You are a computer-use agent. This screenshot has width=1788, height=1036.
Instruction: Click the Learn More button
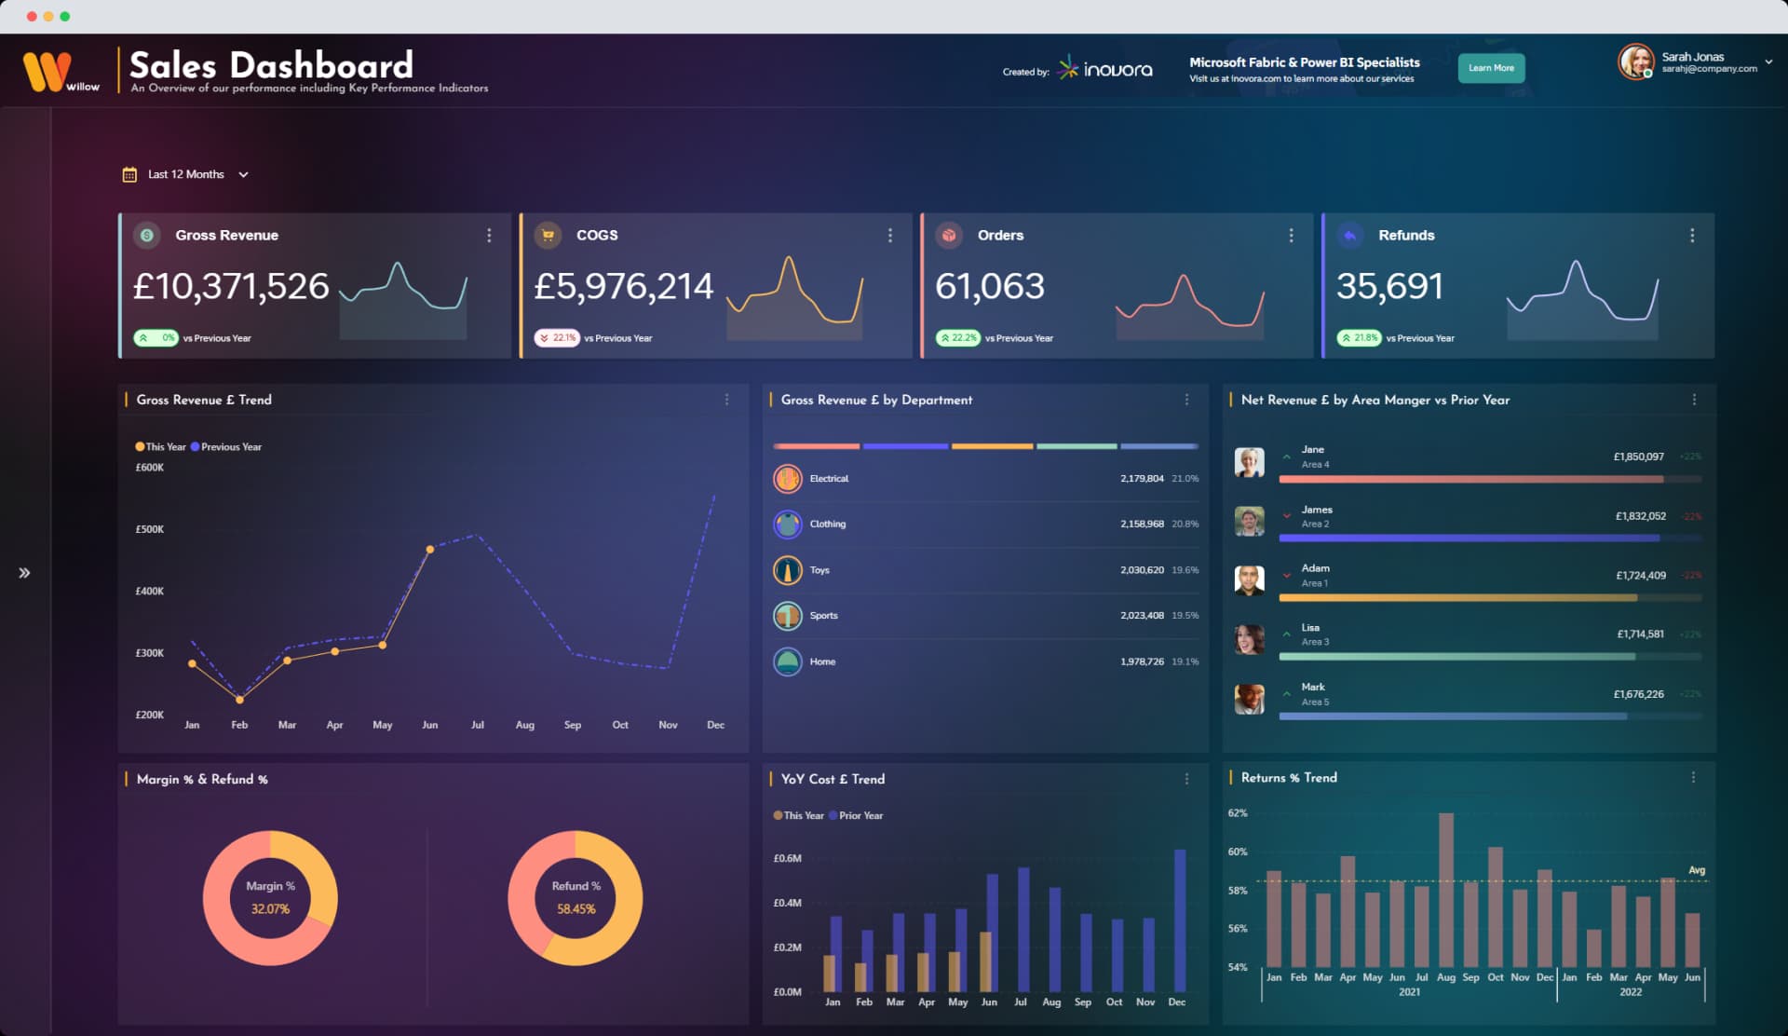1490,68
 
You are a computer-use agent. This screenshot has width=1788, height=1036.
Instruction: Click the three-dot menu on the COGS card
889,236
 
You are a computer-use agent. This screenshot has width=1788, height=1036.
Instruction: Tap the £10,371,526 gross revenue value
231,286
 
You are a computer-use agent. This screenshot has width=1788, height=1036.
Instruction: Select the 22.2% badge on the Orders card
958,338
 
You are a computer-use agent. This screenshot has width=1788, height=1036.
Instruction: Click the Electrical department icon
787,479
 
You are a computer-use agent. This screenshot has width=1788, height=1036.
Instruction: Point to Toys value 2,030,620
1142,570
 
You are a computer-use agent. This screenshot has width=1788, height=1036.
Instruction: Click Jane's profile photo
1249,462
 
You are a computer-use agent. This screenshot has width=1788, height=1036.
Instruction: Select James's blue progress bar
1470,538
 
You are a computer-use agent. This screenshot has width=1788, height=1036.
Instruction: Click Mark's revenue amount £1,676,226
1638,694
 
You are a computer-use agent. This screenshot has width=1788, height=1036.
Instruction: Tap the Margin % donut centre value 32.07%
270,909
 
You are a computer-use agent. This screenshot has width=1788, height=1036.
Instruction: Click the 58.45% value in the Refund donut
576,909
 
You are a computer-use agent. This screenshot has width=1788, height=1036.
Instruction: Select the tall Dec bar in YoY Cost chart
1180,920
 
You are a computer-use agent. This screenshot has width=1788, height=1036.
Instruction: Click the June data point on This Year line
429,550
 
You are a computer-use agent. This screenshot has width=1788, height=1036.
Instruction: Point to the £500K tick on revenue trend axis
150,529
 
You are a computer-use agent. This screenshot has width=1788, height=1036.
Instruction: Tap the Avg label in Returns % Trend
1697,870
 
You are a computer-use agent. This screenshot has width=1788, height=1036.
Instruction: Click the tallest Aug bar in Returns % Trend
1445,890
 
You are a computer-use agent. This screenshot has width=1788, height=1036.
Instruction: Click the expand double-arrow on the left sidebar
24,573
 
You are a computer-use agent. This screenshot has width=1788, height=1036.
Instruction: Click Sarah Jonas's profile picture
1634,62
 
